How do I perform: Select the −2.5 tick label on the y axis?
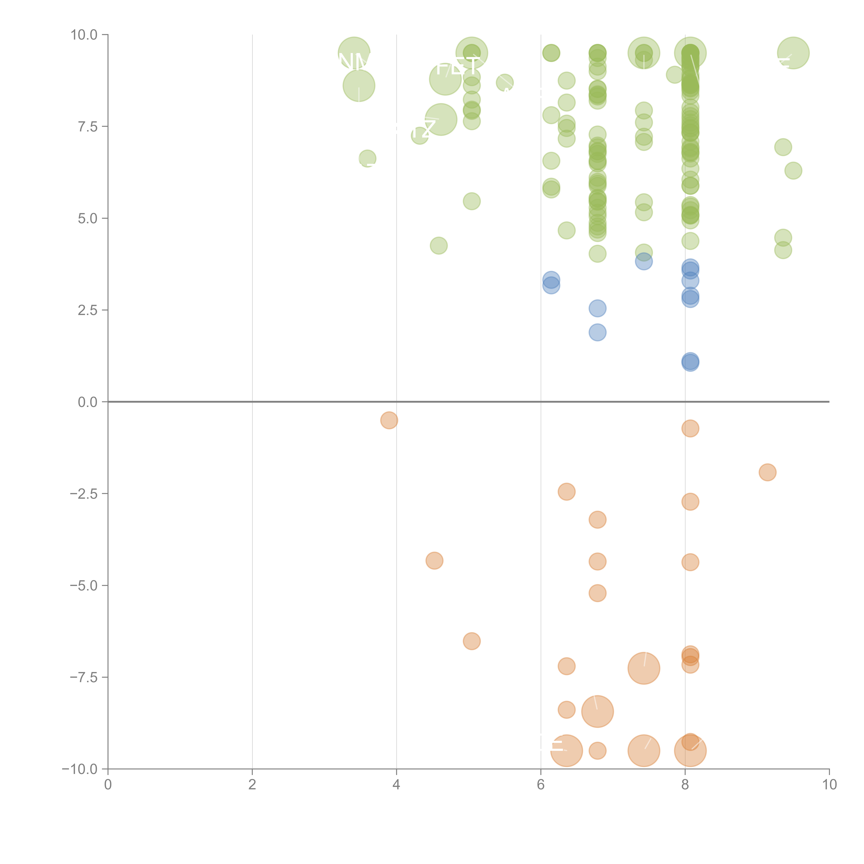[84, 494]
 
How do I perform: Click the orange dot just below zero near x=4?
[389, 420]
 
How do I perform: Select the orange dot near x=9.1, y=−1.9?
[767, 472]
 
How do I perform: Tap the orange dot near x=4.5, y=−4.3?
[434, 560]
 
